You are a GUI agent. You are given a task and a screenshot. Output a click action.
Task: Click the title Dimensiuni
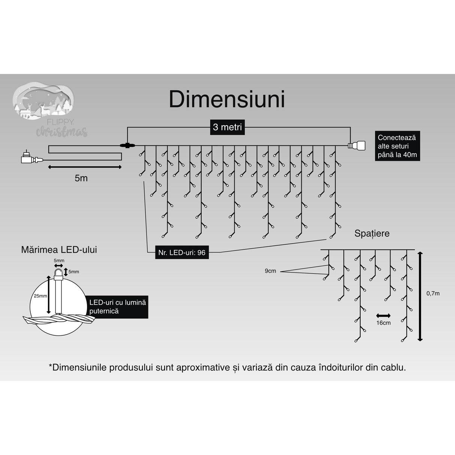tap(227, 99)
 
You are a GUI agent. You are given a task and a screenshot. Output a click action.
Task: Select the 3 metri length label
tap(227, 127)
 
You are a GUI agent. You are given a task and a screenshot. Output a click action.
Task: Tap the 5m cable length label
tap(81, 178)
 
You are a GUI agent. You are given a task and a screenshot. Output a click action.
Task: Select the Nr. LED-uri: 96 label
tap(182, 253)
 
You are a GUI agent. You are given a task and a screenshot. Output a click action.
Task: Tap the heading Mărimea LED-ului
tap(59, 250)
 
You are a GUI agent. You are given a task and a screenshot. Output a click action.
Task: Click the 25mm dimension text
tap(40, 296)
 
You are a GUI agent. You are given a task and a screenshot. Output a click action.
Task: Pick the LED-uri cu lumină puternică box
tap(118, 307)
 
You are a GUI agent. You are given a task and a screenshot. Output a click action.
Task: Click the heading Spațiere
tap(372, 233)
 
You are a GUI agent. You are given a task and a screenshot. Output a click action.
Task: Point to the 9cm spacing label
tap(270, 271)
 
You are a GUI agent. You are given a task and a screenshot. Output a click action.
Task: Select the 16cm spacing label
tap(383, 323)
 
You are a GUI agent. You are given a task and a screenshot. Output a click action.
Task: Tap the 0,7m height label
tap(433, 293)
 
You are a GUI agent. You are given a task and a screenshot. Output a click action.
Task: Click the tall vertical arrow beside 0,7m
tap(420, 296)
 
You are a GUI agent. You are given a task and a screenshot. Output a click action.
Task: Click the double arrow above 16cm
tap(383, 316)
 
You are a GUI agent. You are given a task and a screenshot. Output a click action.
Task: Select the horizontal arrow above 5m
tap(85, 167)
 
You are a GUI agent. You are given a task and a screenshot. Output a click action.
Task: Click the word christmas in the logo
tap(62, 132)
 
